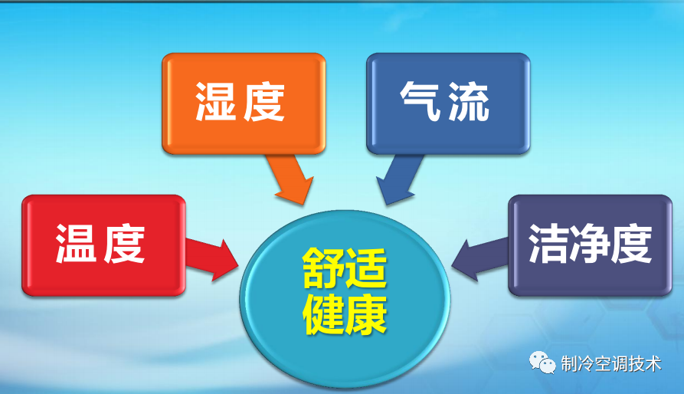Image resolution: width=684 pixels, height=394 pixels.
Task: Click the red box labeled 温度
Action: [104, 245]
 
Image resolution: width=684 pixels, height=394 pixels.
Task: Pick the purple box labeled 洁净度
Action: [589, 245]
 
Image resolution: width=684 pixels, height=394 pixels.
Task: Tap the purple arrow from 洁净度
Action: [479, 258]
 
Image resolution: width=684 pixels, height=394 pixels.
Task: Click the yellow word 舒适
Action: [344, 268]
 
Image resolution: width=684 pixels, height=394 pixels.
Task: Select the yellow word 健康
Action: [344, 312]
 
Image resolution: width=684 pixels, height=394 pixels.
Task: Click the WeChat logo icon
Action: [545, 363]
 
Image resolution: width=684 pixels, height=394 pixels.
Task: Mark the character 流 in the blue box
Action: [470, 102]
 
